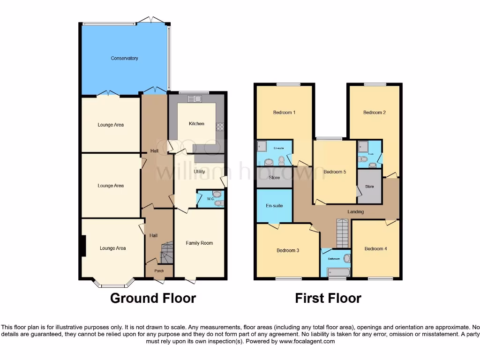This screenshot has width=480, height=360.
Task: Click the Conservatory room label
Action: [x=124, y=58]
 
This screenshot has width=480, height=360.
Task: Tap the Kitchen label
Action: [x=196, y=124]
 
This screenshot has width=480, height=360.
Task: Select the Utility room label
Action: [x=199, y=172]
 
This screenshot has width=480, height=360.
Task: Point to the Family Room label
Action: [x=199, y=243]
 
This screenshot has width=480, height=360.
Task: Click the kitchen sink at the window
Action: [x=194, y=98]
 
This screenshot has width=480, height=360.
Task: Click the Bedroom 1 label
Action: [x=284, y=112]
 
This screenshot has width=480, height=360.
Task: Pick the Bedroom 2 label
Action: [x=374, y=112]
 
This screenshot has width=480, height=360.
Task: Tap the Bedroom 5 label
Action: [x=335, y=172]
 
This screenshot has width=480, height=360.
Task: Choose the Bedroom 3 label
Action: [x=288, y=250]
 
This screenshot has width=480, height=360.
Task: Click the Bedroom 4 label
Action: [x=375, y=248]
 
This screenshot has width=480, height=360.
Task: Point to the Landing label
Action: [x=355, y=212]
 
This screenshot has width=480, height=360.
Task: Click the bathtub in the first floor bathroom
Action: [x=338, y=272]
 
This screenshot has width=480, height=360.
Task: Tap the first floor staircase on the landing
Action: [x=343, y=233]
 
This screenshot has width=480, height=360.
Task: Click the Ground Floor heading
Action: [x=153, y=298]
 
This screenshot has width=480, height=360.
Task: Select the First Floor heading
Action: [x=328, y=298]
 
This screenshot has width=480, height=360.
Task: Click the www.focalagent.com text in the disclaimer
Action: [x=307, y=342]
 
